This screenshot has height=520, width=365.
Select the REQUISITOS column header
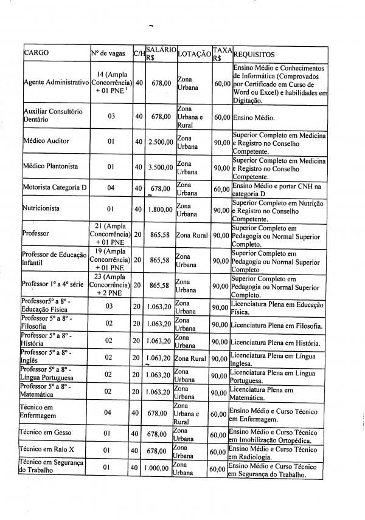point(254,54)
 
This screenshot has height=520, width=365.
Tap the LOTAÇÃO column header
point(193,54)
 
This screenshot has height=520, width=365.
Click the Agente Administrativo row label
point(55,82)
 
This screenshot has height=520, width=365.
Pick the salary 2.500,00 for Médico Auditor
point(161,142)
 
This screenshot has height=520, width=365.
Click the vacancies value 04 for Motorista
point(111,188)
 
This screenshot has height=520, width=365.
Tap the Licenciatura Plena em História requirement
point(275,343)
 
